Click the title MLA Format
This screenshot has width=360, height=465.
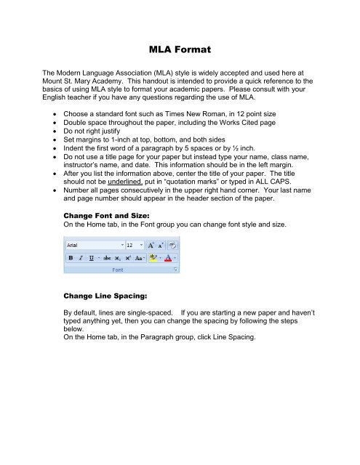[x=179, y=52]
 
